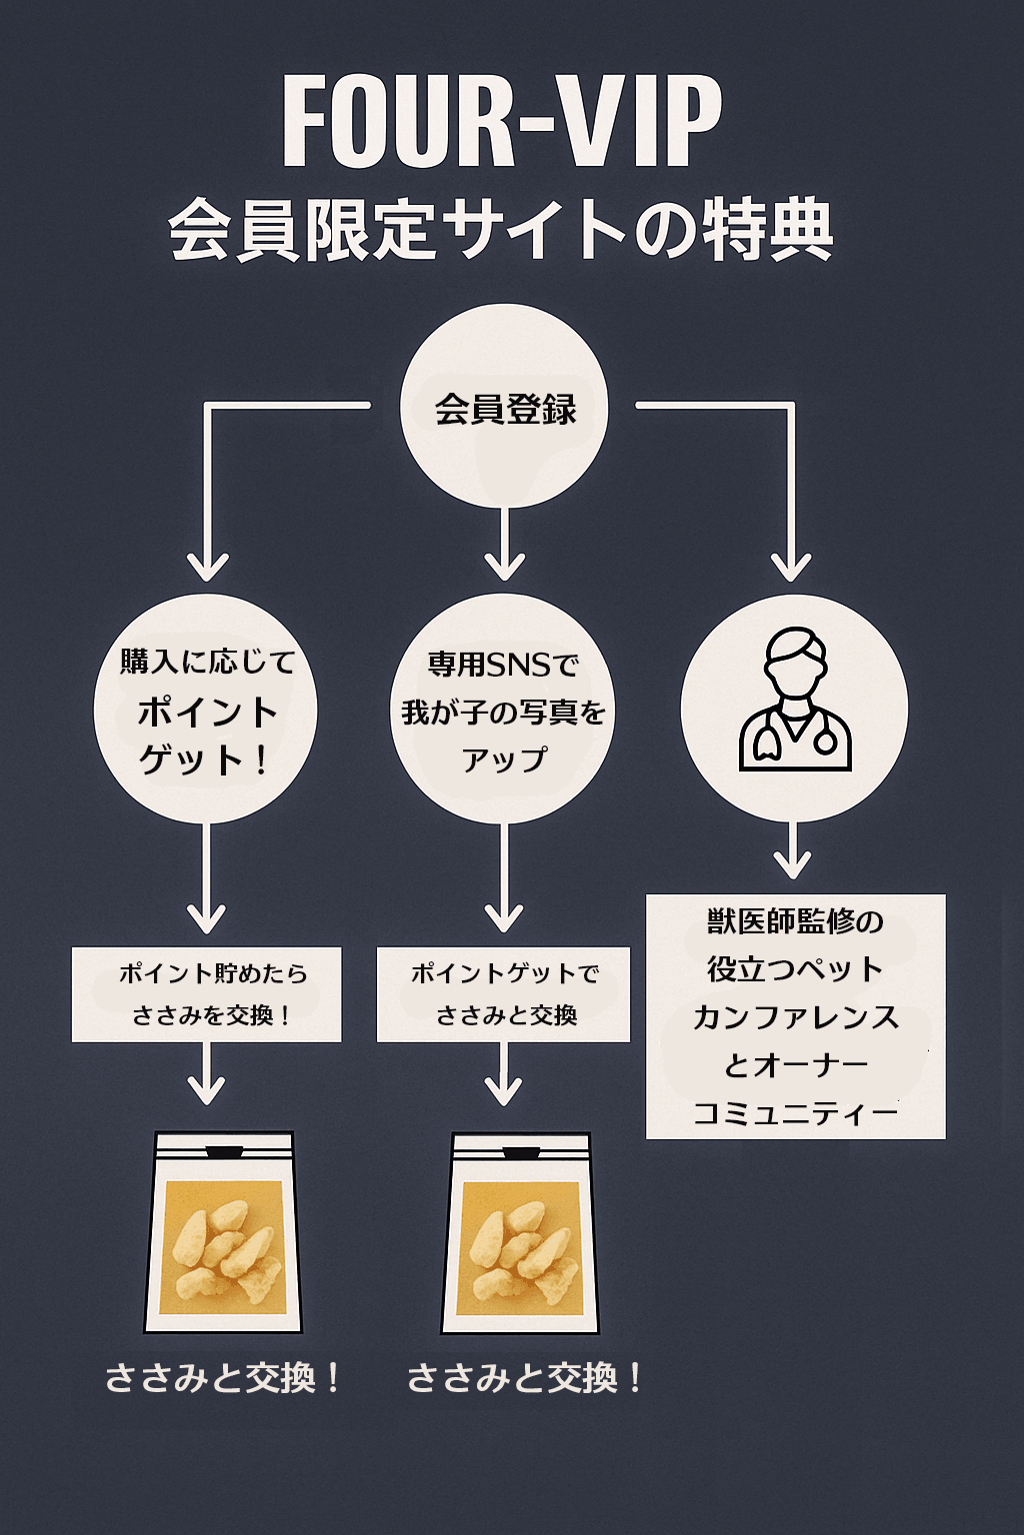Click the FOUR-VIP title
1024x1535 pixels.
[502, 122]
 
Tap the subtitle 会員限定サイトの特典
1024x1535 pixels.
[502, 230]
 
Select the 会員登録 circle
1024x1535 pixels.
[505, 407]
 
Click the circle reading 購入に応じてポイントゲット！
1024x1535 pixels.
[206, 710]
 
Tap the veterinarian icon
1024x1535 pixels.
[794, 700]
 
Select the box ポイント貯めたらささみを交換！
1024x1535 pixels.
[206, 994]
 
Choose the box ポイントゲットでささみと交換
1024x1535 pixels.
[504, 994]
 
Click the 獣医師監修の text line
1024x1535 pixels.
[795, 921]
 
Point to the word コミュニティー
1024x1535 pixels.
[795, 1113]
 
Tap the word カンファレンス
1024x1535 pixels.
[795, 1017]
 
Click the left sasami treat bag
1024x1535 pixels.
[223, 1234]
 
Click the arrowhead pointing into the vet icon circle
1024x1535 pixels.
[792, 568]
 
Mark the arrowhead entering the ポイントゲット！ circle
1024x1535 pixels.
[207, 568]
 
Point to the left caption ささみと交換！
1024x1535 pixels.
[222, 1379]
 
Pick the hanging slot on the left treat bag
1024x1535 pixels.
[223, 1152]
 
